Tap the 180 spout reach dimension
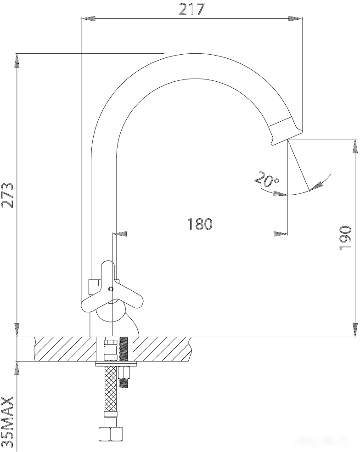(200, 224)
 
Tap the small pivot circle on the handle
(110, 289)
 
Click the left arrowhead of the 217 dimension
(86, 18)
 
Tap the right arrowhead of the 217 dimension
(297, 18)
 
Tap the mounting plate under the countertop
(116, 365)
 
